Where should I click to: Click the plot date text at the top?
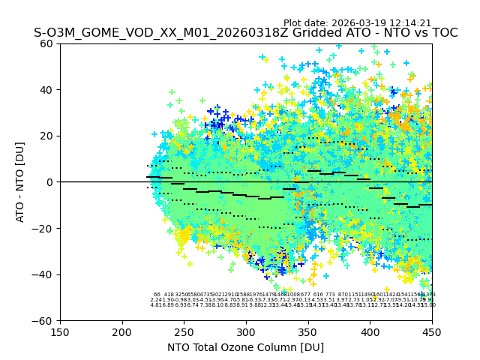pos(357,23)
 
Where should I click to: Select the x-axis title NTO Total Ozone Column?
pos(246,347)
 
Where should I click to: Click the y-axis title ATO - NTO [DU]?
pos(20,182)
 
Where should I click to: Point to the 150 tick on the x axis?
pos(60,332)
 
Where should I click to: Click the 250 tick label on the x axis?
pos(184,332)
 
